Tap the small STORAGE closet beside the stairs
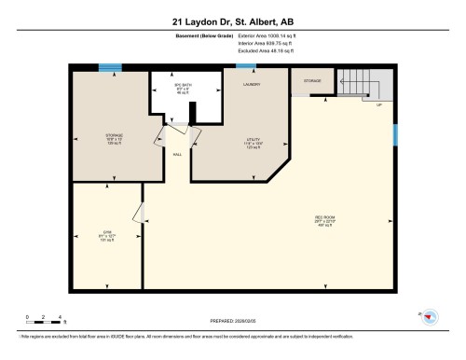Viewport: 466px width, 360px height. click(313, 81)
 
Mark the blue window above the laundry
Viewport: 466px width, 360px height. click(246, 65)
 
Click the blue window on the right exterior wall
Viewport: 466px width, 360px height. click(396, 136)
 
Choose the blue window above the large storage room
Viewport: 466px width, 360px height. click(111, 66)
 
